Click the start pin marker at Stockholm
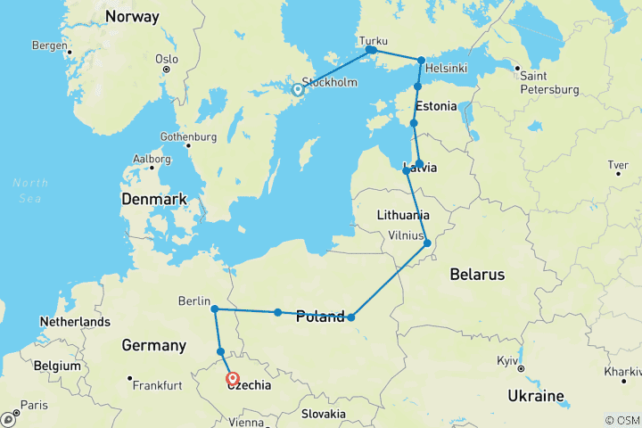(298, 89)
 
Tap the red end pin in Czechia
(233, 379)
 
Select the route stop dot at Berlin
(215, 309)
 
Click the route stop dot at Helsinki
(422, 61)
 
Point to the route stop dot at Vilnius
(427, 243)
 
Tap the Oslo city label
(167, 59)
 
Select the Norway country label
(131, 17)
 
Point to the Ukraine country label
(535, 395)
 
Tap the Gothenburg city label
(188, 137)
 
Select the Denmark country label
(154, 199)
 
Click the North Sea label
(26, 189)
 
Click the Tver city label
(617, 164)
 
